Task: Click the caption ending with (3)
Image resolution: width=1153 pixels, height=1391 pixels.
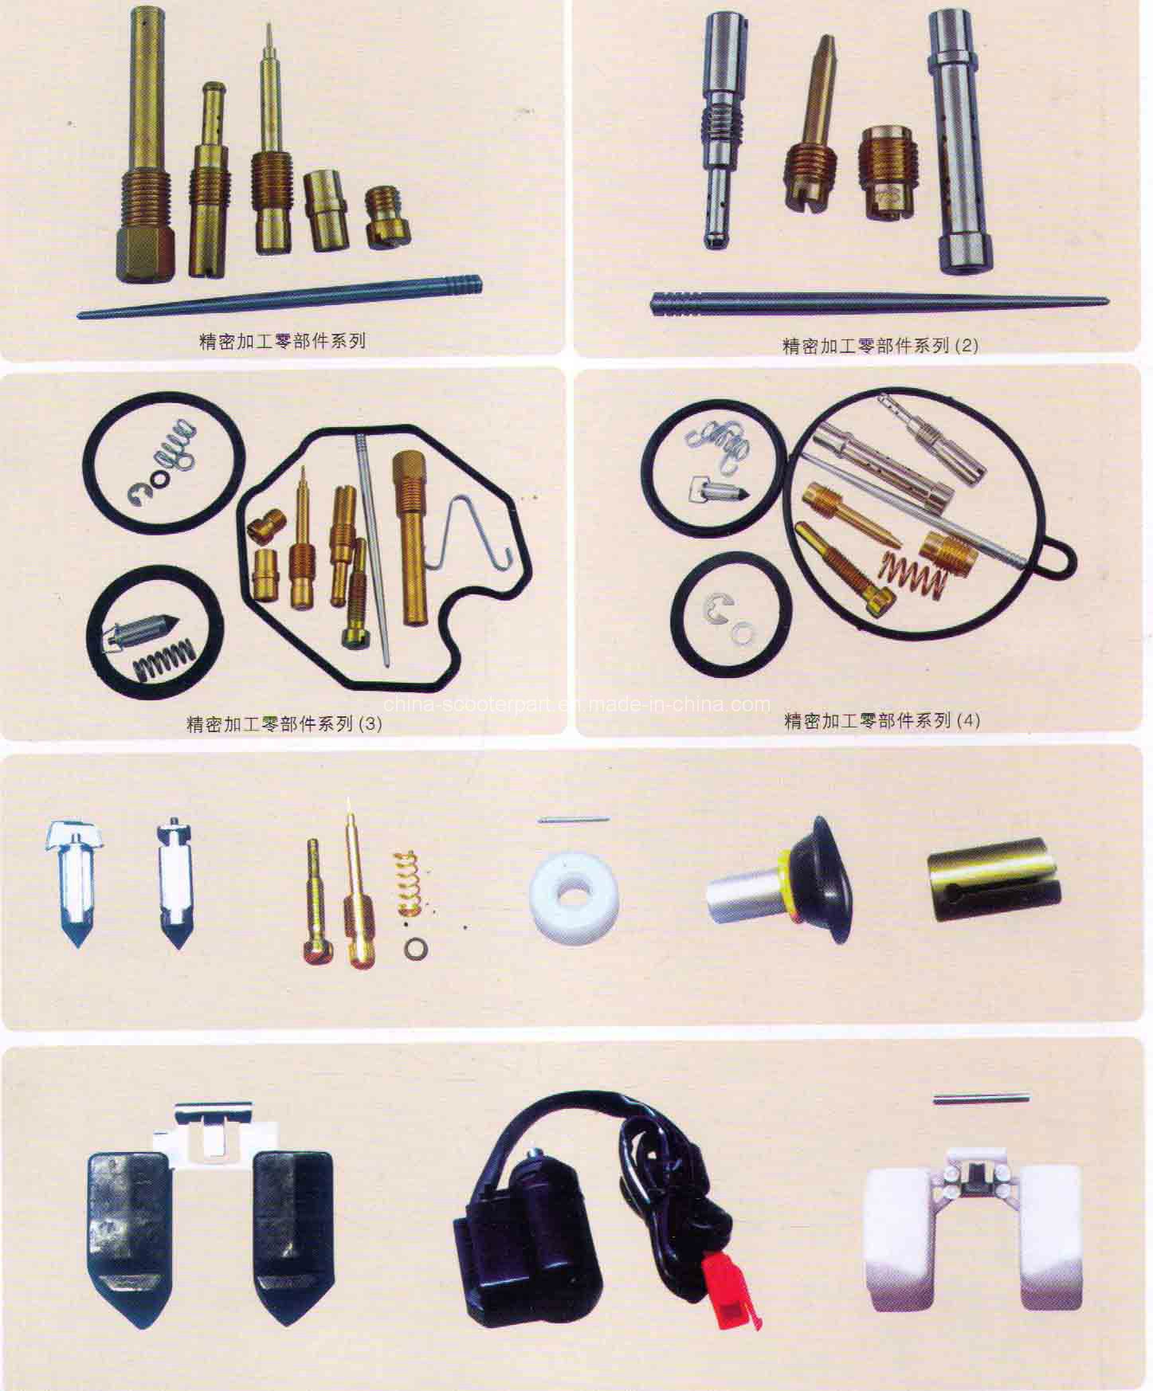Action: tap(284, 724)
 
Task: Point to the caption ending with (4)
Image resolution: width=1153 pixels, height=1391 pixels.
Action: tap(882, 720)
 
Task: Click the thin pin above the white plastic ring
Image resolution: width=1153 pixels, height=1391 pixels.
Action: tap(574, 820)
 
